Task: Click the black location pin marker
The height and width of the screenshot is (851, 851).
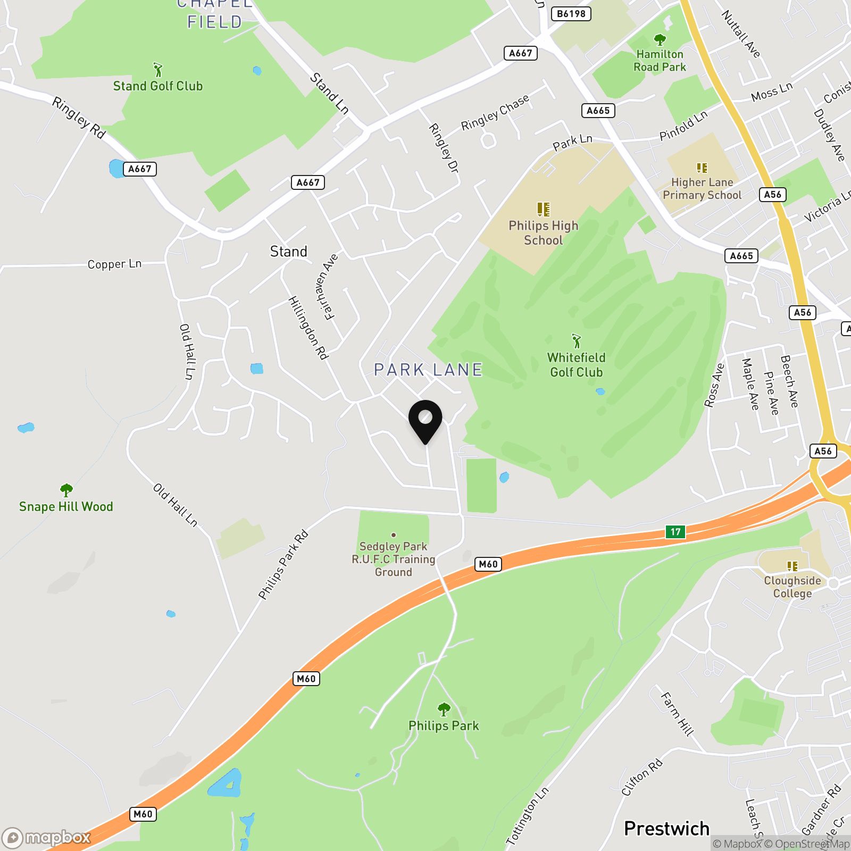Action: click(x=425, y=420)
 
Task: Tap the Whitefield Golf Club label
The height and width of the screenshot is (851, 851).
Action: click(x=577, y=365)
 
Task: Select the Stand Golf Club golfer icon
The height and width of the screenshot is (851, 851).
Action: click(x=157, y=70)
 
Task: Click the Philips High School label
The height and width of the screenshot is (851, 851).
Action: click(x=543, y=233)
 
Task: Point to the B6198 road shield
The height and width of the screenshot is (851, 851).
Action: click(x=571, y=14)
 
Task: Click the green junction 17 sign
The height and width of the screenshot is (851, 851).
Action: click(x=675, y=531)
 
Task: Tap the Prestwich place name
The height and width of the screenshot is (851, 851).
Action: click(x=666, y=828)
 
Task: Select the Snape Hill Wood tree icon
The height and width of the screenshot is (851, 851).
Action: click(x=66, y=489)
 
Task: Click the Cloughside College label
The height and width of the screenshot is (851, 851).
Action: click(x=792, y=587)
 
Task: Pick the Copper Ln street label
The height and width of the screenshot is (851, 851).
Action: click(x=114, y=264)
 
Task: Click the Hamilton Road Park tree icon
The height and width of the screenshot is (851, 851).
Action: click(x=660, y=40)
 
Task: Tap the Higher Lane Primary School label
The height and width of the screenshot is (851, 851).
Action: click(x=702, y=189)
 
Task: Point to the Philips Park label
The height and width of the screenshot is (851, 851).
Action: click(x=444, y=725)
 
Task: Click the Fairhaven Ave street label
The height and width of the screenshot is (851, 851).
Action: click(x=327, y=287)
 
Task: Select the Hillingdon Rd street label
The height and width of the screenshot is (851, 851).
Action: click(x=308, y=328)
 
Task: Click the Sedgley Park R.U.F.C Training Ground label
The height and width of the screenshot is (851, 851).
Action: click(x=393, y=559)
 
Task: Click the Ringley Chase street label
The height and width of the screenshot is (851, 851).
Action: click(x=495, y=113)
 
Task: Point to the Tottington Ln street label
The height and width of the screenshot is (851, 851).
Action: click(x=527, y=816)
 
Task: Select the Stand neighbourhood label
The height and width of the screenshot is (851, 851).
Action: click(x=288, y=252)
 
